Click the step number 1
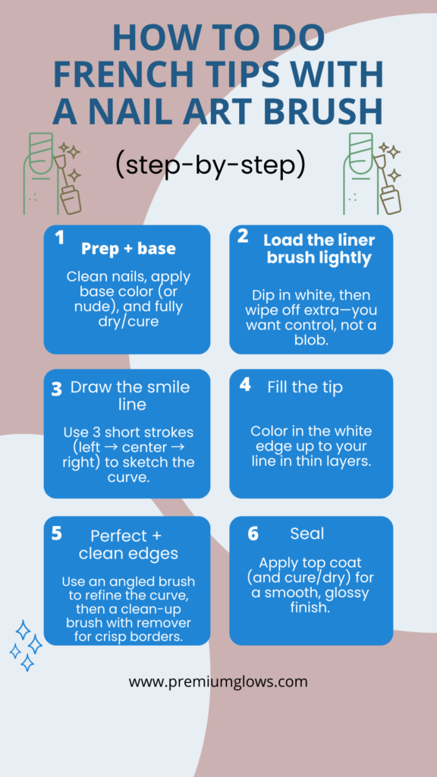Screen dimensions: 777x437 [x=59, y=238]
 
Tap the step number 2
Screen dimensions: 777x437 [x=243, y=236]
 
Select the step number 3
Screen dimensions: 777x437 [x=57, y=390]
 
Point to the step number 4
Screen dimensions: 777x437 [x=245, y=385]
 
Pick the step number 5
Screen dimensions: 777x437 [x=57, y=533]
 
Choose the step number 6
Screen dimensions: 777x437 [x=253, y=534]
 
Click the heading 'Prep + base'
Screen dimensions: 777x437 [x=128, y=249]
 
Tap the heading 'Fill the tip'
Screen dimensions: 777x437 [x=305, y=387]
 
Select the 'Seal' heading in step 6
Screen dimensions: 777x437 [x=307, y=533]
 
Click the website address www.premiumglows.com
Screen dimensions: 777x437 [x=218, y=681]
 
